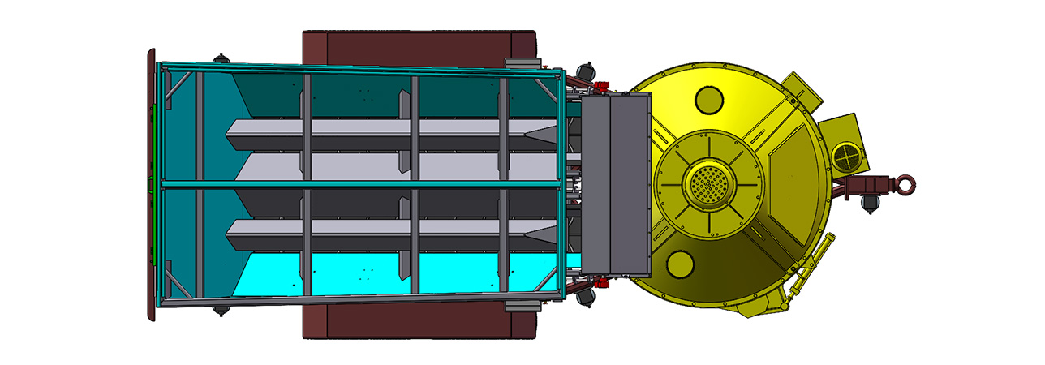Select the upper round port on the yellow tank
click(x=709, y=101)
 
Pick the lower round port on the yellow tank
click(x=679, y=264)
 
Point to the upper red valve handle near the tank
click(x=600, y=86)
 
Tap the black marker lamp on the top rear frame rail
click(x=219, y=58)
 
